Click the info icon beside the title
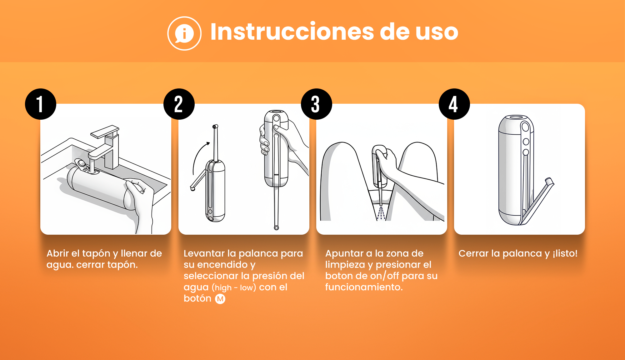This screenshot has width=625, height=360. [x=184, y=33]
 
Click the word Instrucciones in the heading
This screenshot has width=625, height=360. [x=292, y=32]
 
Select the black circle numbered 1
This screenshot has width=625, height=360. [x=41, y=104]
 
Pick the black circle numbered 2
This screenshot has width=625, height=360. [x=179, y=104]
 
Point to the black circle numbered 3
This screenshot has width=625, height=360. [x=317, y=104]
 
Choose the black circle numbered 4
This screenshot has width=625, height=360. [x=454, y=104]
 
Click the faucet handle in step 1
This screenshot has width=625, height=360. [x=105, y=132]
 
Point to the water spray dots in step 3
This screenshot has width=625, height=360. [x=381, y=213]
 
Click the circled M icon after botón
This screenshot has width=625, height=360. [x=220, y=299]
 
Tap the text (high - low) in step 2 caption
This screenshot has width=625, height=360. [x=234, y=287]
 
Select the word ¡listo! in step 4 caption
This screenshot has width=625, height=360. [x=565, y=253]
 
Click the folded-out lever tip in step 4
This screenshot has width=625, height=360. [x=549, y=182]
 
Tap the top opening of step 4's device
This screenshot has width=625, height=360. [x=516, y=117]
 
